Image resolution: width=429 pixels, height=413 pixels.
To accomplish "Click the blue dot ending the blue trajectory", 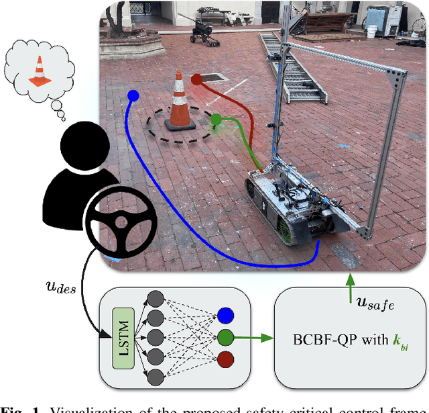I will [133, 96].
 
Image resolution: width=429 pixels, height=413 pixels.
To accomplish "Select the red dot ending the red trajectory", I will [196, 80].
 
